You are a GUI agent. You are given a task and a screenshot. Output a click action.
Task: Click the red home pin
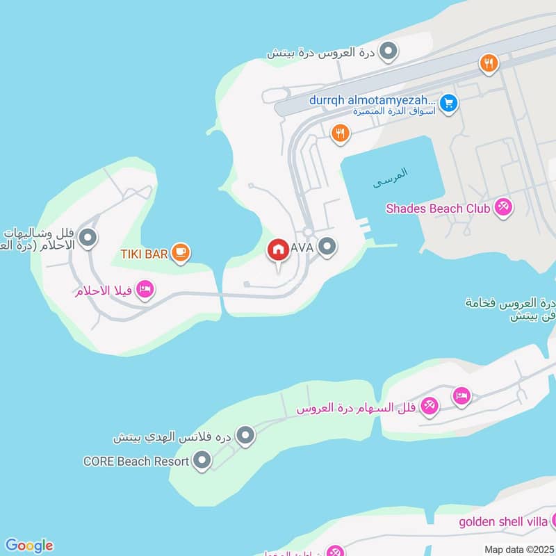tap(279, 249)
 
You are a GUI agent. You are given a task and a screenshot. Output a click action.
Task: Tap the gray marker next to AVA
tap(327, 246)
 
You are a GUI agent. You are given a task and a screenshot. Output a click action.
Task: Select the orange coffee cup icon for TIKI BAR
tap(181, 253)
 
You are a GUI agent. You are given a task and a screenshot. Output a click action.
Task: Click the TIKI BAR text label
tap(144, 254)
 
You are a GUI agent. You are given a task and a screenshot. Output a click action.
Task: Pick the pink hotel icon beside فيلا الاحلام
tap(145, 289)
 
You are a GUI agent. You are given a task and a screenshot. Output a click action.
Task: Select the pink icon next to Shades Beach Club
tap(503, 206)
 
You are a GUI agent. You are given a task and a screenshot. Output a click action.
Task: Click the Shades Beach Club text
tap(438, 208)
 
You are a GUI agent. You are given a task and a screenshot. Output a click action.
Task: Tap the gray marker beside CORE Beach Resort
tap(202, 460)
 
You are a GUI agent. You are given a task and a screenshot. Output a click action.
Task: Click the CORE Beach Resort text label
tap(136, 461)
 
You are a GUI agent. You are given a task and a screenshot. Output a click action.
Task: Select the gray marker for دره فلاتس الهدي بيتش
tap(245, 436)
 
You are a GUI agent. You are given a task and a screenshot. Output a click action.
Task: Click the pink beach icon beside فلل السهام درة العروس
tap(430, 407)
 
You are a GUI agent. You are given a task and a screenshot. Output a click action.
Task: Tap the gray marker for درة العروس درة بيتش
tap(390, 51)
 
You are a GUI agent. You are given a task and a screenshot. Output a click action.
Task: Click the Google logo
tap(28, 546)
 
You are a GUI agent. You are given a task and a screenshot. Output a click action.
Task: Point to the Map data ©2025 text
tap(518, 549)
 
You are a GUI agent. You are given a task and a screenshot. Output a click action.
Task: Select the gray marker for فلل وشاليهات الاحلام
tap(88, 238)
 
